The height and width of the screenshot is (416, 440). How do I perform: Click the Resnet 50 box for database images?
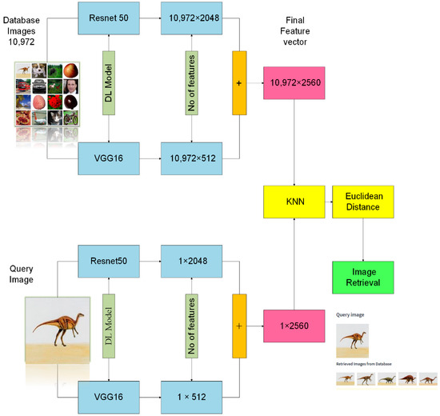(113, 18)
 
